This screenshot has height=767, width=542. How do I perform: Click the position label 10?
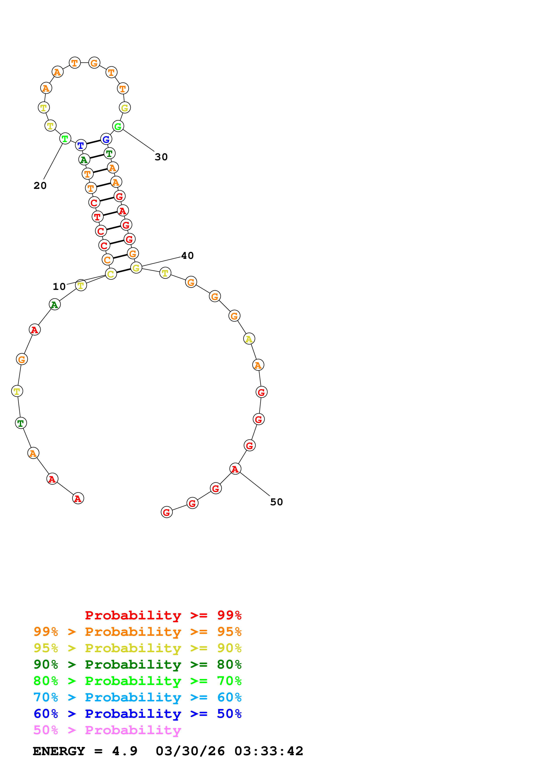(59, 287)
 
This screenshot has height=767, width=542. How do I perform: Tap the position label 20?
(40, 186)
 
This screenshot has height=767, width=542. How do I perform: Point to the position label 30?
(161, 157)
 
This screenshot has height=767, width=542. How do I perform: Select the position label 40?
(187, 256)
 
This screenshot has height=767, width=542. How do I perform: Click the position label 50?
(276, 502)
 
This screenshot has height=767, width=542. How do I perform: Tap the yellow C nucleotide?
(111, 274)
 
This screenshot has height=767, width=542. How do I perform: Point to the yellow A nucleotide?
(249, 339)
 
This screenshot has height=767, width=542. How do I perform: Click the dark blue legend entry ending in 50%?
(138, 714)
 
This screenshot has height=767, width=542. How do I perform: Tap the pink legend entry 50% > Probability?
(107, 730)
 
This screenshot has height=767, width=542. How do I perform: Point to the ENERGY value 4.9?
(125, 751)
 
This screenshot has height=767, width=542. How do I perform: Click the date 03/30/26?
(190, 751)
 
